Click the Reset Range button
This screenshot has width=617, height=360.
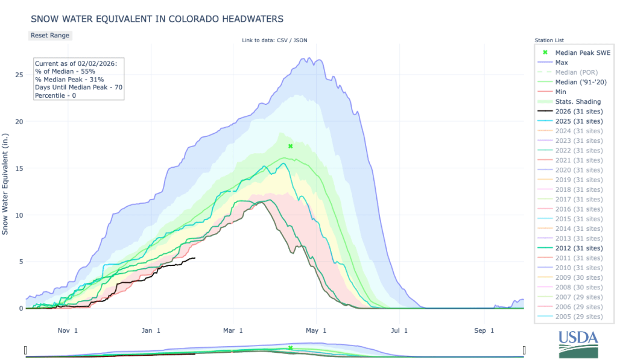50,36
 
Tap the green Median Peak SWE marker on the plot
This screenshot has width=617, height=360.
290,146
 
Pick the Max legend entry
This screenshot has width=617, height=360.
561,63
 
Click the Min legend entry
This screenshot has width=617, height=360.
560,92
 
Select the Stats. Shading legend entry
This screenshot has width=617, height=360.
577,101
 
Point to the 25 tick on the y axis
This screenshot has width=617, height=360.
19,75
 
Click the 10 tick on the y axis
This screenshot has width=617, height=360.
19,215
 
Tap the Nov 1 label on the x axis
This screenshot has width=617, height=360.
67,330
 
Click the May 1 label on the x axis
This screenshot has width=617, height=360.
315,330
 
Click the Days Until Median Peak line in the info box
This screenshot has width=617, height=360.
78,87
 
